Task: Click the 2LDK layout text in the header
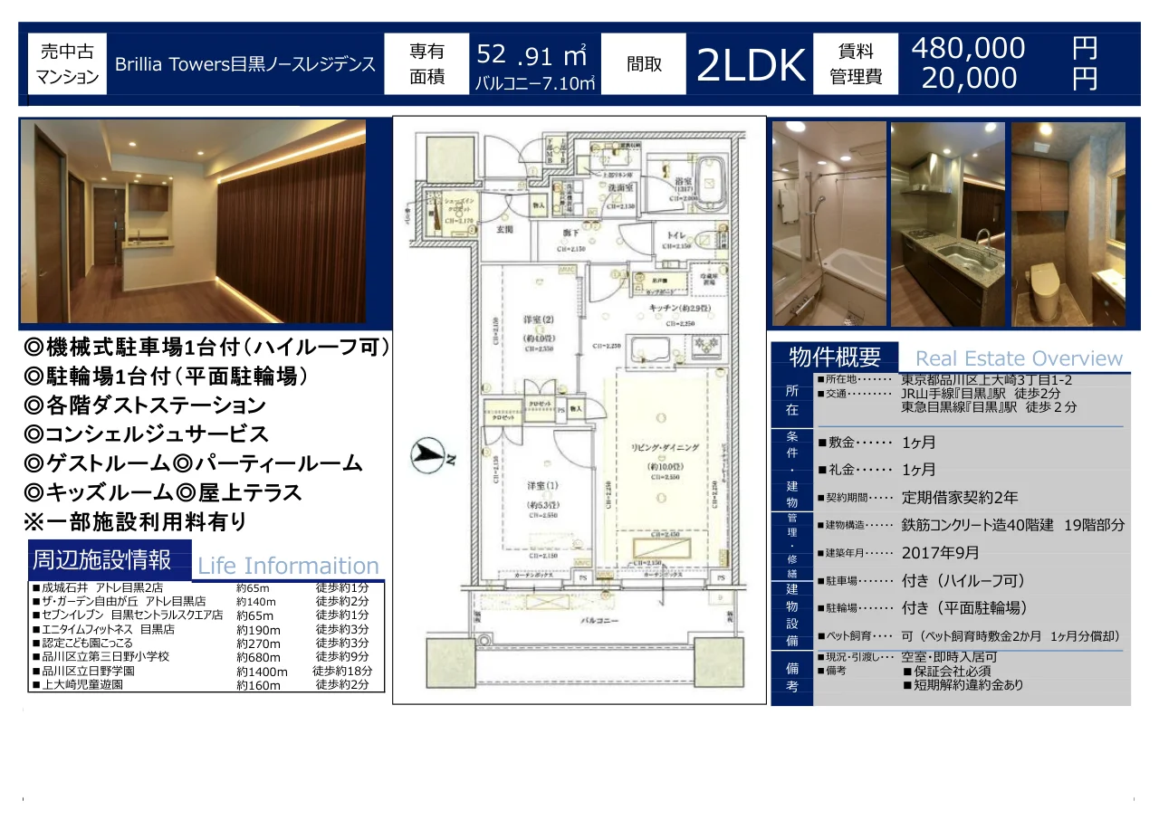pyautogui.click(x=751, y=65)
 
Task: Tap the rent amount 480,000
pyautogui.click(x=968, y=48)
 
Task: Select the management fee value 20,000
pyautogui.click(x=969, y=79)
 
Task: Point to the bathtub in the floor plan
pyautogui.click(x=707, y=178)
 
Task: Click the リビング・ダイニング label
pyautogui.click(x=665, y=447)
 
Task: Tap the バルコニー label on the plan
pyautogui.click(x=599, y=621)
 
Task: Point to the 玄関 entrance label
pyautogui.click(x=504, y=229)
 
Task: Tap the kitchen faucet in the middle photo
pyautogui.click(x=982, y=240)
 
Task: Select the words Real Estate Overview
pyautogui.click(x=1019, y=358)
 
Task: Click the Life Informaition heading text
pyautogui.click(x=288, y=567)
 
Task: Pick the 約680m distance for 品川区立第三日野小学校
pyautogui.click(x=258, y=656)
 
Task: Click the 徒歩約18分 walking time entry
pyautogui.click(x=342, y=671)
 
